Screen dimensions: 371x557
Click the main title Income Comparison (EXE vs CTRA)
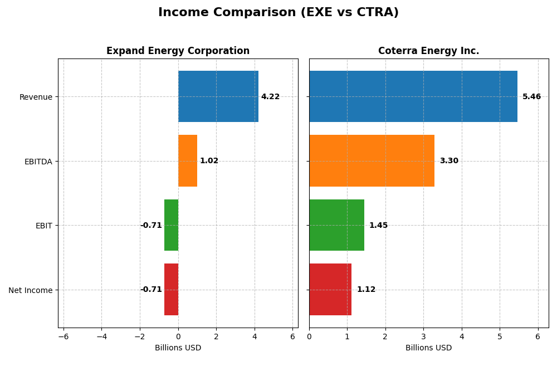(x=278, y=12)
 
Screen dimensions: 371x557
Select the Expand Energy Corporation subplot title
(x=178, y=51)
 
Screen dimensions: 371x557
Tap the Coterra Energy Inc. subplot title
(x=428, y=51)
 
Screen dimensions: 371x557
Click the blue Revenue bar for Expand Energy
(x=218, y=96)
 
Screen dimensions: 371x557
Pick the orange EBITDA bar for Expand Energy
(x=188, y=160)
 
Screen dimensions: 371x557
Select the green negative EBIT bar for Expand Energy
(x=171, y=225)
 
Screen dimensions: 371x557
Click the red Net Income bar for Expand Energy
(x=171, y=289)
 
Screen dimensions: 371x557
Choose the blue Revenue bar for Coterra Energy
(x=413, y=96)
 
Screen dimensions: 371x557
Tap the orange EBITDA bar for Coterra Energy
(x=372, y=160)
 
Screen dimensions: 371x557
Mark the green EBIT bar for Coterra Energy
(x=336, y=225)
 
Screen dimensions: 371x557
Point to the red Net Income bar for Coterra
(x=330, y=289)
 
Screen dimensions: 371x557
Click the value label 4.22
(x=270, y=97)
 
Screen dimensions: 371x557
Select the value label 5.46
(x=531, y=97)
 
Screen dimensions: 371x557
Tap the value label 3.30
(x=449, y=161)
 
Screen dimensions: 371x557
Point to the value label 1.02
(x=209, y=161)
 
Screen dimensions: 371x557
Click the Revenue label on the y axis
(x=36, y=97)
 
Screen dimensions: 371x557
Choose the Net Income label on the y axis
(x=30, y=290)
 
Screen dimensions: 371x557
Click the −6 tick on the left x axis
(x=63, y=336)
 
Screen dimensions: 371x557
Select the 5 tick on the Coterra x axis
(x=500, y=336)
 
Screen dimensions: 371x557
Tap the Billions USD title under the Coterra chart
(x=428, y=348)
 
